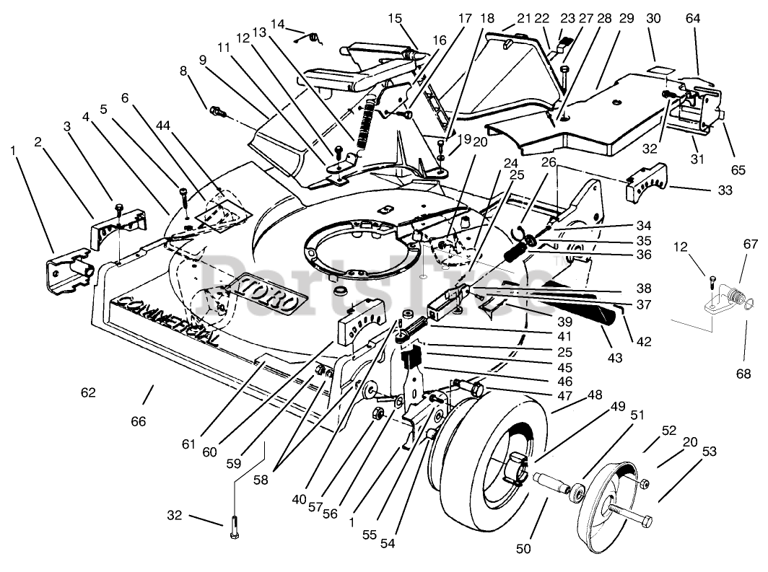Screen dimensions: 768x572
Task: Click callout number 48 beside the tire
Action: click(x=595, y=395)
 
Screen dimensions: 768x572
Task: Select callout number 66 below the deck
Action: click(x=138, y=421)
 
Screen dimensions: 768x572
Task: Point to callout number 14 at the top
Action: click(x=277, y=24)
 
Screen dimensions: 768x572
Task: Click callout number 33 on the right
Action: click(x=725, y=190)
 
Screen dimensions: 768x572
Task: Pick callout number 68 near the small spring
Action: click(x=743, y=374)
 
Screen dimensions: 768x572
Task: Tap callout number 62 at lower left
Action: click(x=88, y=392)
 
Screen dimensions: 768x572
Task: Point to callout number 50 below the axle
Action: click(x=523, y=549)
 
